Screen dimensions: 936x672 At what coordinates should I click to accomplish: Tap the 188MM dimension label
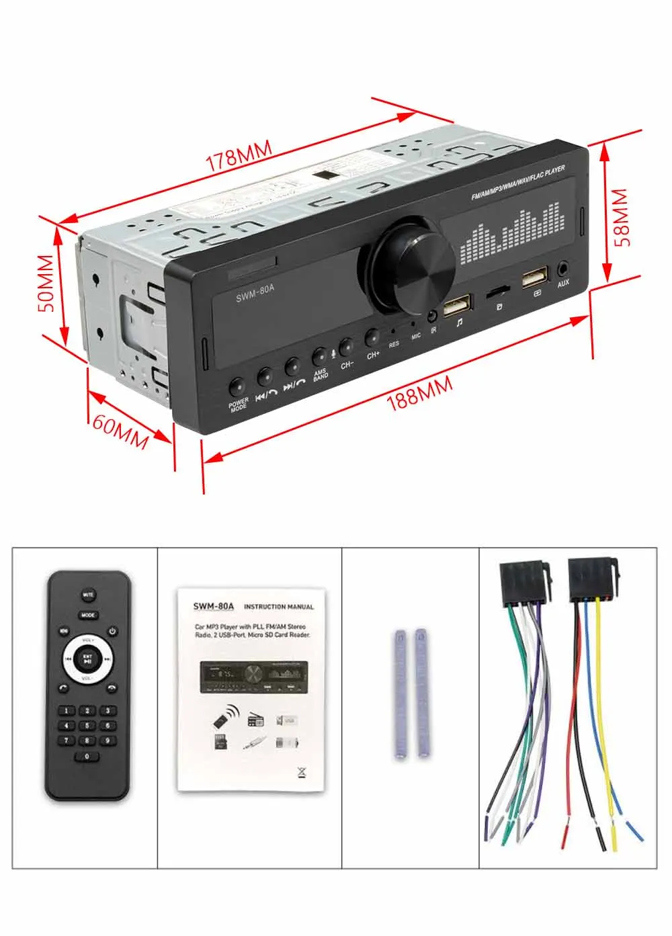pos(419,394)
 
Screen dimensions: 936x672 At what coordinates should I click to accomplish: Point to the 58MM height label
pos(621,217)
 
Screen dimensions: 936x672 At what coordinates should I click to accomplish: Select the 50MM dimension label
pos(46,282)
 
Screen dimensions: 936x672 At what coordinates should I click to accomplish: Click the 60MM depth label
pos(120,431)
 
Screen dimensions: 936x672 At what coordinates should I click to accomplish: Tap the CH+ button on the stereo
pos(372,337)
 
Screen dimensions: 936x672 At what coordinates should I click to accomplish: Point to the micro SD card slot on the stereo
pos(497,291)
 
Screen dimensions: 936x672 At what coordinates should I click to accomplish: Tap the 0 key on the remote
pos(87,757)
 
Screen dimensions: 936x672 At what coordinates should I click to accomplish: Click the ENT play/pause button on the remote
pos(87,659)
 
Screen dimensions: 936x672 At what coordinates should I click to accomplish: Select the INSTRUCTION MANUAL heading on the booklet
pos(278,607)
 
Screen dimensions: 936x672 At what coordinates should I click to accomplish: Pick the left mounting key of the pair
pos(400,693)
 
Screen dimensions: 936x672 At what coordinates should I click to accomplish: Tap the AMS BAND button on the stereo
pos(319,357)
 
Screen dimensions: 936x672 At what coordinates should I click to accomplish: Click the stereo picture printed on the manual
pos(253,677)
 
